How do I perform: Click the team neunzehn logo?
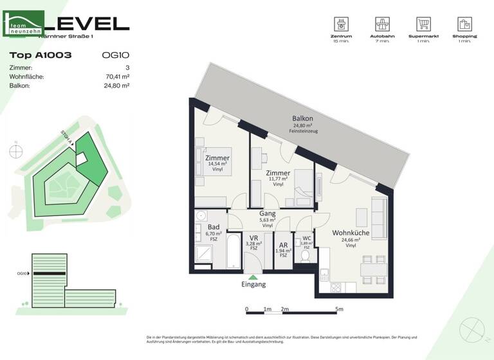click(x=24, y=24)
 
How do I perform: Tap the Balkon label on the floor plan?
click(x=302, y=119)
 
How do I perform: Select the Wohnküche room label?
click(x=351, y=233)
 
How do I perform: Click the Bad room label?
click(x=214, y=228)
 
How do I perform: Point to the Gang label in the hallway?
click(x=268, y=213)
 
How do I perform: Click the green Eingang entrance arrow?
click(x=253, y=276)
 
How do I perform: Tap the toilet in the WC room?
click(x=306, y=255)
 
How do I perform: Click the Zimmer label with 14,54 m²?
click(x=217, y=158)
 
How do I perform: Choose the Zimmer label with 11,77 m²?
click(x=278, y=173)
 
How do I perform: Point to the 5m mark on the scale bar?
click(x=340, y=309)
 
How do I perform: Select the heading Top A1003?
click(x=41, y=55)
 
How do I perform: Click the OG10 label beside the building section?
click(x=23, y=273)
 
